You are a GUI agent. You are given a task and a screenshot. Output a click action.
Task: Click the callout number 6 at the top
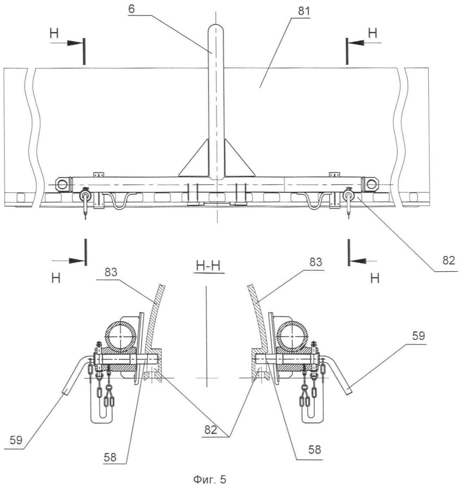(131, 9)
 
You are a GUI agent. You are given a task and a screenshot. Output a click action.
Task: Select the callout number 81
(303, 12)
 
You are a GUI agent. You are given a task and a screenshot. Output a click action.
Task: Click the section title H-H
(208, 267)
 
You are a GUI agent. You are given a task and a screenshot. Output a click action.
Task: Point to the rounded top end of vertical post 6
(216, 29)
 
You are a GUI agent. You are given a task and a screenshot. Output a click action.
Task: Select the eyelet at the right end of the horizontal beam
(371, 184)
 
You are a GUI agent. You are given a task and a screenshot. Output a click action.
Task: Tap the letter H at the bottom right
(375, 279)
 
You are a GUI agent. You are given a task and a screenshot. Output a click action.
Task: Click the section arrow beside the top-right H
(356, 42)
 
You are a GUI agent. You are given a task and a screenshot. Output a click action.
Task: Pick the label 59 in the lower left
(16, 441)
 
